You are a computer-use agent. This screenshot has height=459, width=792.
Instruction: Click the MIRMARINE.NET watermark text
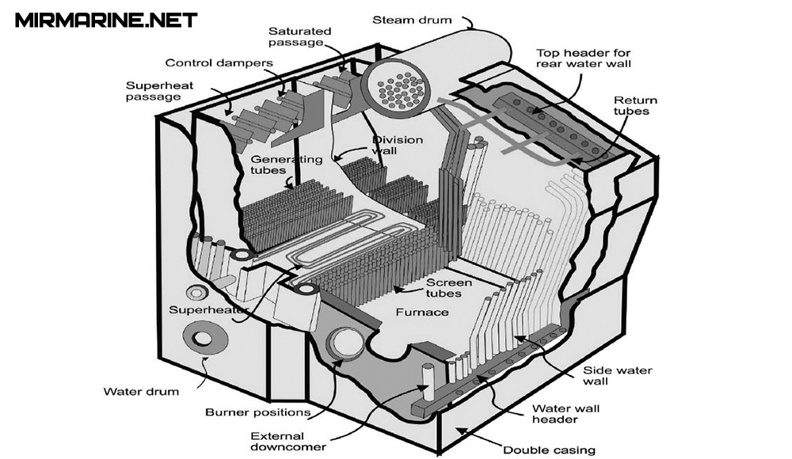click(106, 20)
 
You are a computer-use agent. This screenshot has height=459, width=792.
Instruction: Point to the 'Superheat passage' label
click(153, 91)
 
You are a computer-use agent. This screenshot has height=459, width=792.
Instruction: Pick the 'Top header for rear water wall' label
click(592, 58)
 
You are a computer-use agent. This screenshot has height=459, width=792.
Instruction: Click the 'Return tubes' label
click(635, 106)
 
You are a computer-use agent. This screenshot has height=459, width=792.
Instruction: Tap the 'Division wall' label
click(398, 146)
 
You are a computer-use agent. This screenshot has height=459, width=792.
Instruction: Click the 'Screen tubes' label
click(449, 288)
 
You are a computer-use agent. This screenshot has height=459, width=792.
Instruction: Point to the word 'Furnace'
click(422, 313)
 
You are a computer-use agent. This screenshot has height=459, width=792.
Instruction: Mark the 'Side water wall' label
click(607, 375)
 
